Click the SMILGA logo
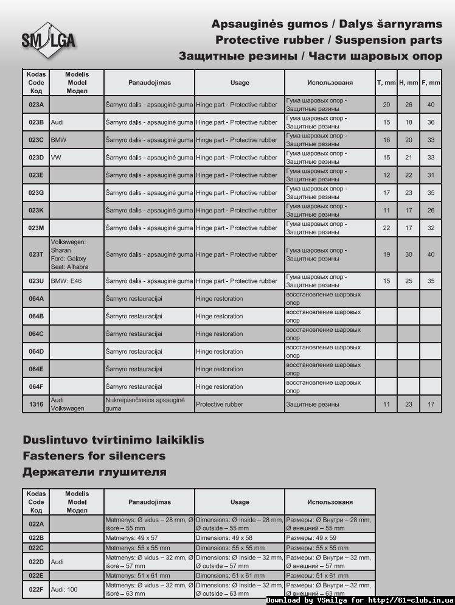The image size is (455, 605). (x=49, y=39)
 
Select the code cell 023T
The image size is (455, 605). (x=36, y=254)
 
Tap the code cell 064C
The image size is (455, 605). (x=36, y=334)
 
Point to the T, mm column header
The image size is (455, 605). (x=386, y=82)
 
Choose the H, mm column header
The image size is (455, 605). (x=408, y=82)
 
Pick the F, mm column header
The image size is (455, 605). (x=431, y=82)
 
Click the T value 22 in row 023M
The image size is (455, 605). (x=386, y=228)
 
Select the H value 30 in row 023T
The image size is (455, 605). (x=408, y=254)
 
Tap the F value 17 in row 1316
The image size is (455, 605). (x=431, y=404)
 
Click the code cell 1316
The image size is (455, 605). (x=36, y=404)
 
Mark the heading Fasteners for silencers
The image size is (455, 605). (x=94, y=456)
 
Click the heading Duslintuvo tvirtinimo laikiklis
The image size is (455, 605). (x=113, y=439)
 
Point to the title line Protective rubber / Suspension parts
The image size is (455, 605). (x=328, y=40)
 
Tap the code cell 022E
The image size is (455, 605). (x=36, y=575)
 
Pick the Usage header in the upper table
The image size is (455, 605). (x=240, y=82)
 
